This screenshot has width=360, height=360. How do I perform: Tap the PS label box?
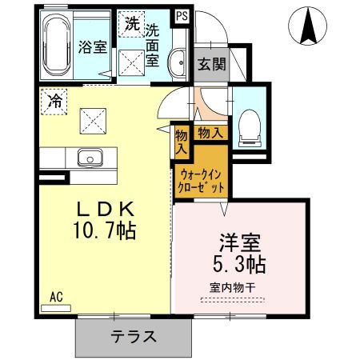tap(182, 14)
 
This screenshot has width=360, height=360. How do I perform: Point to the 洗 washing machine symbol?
tap(131, 23)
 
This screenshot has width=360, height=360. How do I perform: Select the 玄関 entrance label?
tap(212, 64)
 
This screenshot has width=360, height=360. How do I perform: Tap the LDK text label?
tap(104, 209)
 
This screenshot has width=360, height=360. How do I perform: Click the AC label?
tap(57, 296)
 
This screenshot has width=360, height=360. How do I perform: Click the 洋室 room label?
tap(239, 241)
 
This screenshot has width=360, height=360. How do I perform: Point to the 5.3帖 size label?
tap(239, 262)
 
